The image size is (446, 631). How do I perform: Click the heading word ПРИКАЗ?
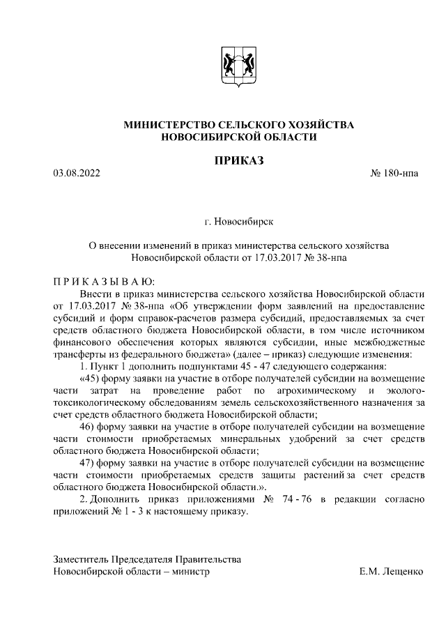pyautogui.click(x=238, y=162)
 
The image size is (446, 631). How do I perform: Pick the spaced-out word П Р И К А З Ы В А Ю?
pyautogui.click(x=98, y=282)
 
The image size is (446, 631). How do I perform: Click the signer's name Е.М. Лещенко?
pyautogui.click(x=391, y=572)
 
